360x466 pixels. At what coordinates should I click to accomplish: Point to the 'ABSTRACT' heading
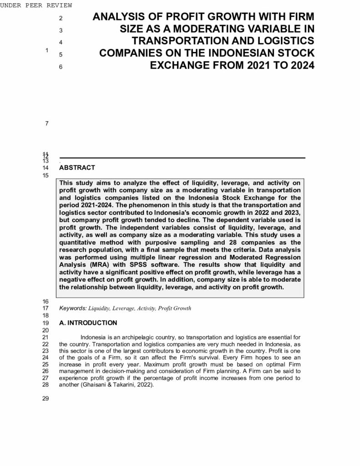(77, 167)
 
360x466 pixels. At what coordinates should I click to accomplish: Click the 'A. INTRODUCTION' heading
(88, 323)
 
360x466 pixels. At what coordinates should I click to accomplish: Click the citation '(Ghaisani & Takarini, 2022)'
(106, 384)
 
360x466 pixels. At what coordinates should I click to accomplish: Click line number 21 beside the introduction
(45, 338)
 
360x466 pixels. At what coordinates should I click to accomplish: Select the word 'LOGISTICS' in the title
(284, 41)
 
